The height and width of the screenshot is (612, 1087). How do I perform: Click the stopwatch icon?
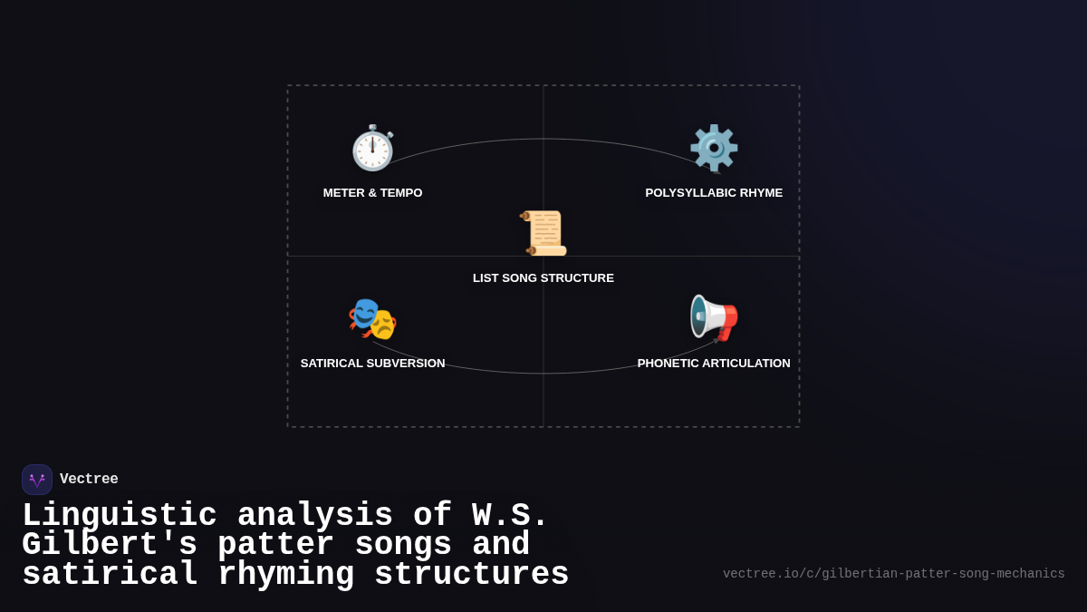[x=372, y=149]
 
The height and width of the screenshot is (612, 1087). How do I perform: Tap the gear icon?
[x=714, y=148]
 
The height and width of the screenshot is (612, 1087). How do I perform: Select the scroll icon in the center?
[x=543, y=233]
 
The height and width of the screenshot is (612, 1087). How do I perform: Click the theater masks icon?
[x=372, y=318]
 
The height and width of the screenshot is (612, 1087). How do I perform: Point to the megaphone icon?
[x=714, y=318]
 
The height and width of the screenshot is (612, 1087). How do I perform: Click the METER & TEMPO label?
[x=372, y=193]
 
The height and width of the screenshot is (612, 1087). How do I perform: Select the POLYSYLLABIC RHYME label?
[x=714, y=193]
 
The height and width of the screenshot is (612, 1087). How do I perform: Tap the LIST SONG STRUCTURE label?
[x=543, y=278]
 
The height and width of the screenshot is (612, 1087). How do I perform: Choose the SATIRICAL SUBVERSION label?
[x=372, y=364]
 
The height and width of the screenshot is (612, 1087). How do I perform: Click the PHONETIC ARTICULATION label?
[x=714, y=364]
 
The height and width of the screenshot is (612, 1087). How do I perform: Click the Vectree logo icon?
[x=37, y=480]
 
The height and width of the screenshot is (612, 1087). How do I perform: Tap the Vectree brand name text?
[x=89, y=480]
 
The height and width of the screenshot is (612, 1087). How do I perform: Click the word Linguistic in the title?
[x=120, y=516]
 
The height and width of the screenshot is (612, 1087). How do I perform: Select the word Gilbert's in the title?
[x=110, y=545]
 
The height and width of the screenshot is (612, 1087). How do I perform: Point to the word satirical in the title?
[x=110, y=575]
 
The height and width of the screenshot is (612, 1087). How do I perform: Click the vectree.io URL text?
[x=893, y=574]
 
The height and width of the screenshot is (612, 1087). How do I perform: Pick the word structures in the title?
[x=471, y=575]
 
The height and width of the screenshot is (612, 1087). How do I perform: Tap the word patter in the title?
[x=275, y=545]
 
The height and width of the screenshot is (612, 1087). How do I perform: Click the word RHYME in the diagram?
[x=761, y=193]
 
